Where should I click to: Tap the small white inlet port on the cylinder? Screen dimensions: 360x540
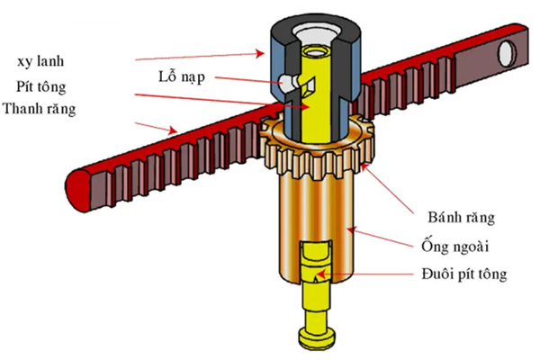[x=288, y=82]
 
